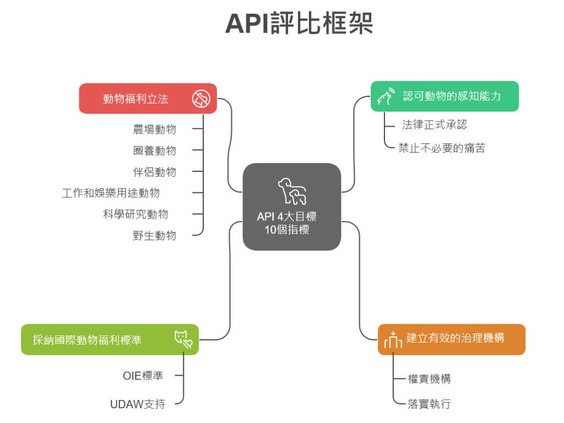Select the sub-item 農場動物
[x=155, y=129]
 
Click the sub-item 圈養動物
[x=155, y=150]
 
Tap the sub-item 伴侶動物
[x=155, y=172]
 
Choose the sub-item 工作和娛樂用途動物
[x=111, y=193]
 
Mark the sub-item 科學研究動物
[x=135, y=214]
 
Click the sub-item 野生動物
[x=155, y=235]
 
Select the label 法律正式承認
[x=434, y=124]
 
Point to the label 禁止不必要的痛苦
[x=442, y=148]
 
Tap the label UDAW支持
[x=138, y=404]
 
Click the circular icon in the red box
[x=201, y=99]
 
